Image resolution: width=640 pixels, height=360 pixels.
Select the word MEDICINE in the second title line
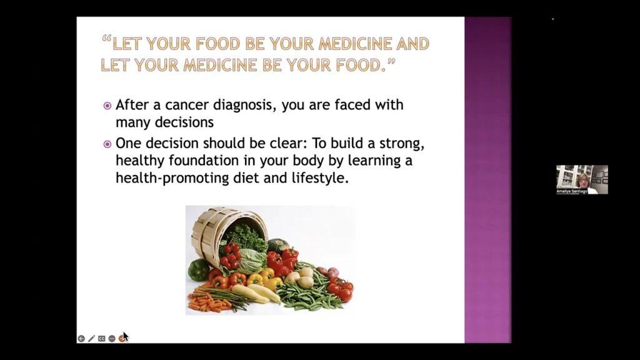pyautogui.click(x=220, y=65)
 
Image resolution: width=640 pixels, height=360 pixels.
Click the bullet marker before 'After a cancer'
pyautogui.click(x=107, y=106)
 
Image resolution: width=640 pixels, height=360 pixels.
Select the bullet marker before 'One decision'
pyautogui.click(x=107, y=144)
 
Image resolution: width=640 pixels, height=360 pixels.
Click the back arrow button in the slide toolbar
pyautogui.click(x=81, y=339)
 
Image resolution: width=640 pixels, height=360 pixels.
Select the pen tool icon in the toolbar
pyautogui.click(x=91, y=339)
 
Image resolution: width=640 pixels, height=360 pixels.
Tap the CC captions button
pyautogui.click(x=101, y=339)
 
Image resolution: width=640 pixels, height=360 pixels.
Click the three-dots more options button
pyautogui.click(x=112, y=339)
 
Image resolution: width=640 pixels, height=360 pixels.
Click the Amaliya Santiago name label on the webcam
pyautogui.click(x=572, y=191)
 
